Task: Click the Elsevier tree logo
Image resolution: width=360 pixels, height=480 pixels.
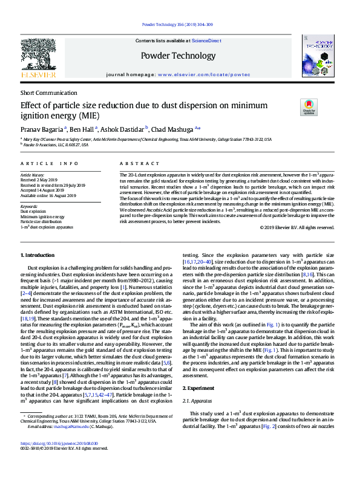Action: (x=38, y=56)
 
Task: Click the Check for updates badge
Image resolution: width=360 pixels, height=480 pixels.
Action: (x=309, y=108)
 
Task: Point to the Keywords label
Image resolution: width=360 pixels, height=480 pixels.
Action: (x=29, y=206)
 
